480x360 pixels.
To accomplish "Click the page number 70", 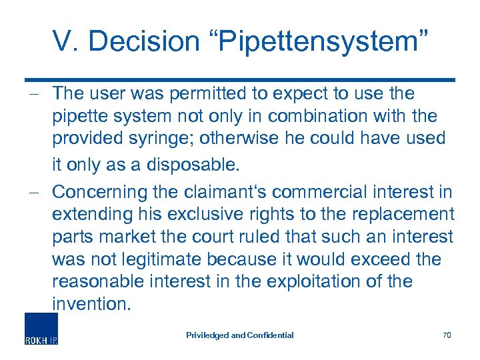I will [446, 335].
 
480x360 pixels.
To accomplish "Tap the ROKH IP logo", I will [41, 329].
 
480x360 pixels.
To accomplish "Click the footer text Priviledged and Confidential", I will [239, 335].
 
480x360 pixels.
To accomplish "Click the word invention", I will [91, 304].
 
